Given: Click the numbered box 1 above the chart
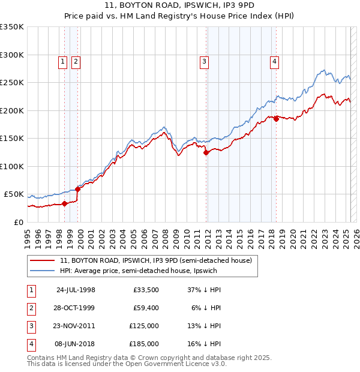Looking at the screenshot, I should pyautogui.click(x=62, y=60).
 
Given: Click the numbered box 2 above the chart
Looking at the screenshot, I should pyautogui.click(x=76, y=60).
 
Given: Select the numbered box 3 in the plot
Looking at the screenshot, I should pyautogui.click(x=205, y=60).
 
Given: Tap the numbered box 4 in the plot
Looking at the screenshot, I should pyautogui.click(x=274, y=60).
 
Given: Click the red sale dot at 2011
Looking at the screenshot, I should pyautogui.click(x=206, y=152).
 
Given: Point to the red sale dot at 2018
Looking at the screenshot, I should pyautogui.click(x=276, y=119).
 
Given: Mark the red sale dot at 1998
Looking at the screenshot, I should pyautogui.click(x=64, y=203).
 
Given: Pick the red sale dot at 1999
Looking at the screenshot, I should pyautogui.click(x=77, y=189).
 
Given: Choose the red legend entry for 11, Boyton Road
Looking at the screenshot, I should pyautogui.click(x=159, y=260).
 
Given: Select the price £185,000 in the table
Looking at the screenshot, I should pyautogui.click(x=146, y=344).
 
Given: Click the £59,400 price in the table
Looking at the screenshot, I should pyautogui.click(x=146, y=308).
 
